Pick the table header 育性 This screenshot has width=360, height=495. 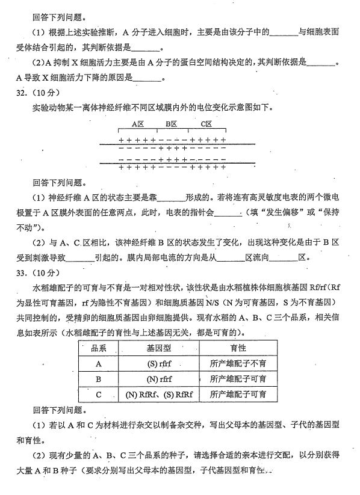(238, 348)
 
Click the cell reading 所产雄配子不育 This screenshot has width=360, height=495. (238, 364)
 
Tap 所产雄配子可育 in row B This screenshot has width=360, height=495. (238, 380)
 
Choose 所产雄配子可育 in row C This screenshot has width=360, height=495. (238, 395)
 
